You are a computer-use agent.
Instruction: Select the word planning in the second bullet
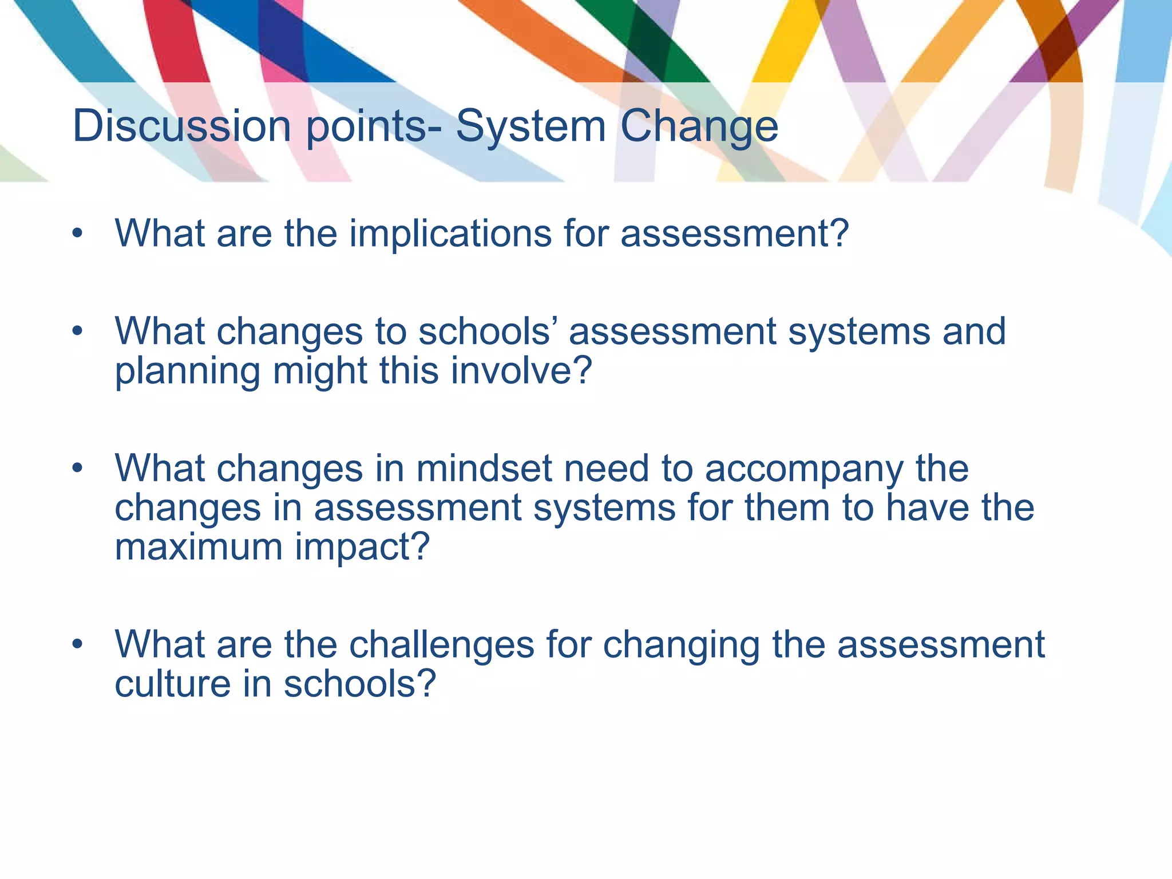tap(188, 372)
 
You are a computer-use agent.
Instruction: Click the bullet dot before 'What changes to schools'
tap(78, 331)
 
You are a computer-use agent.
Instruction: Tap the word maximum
tap(199, 547)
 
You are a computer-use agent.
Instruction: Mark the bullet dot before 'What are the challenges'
tap(78, 644)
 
